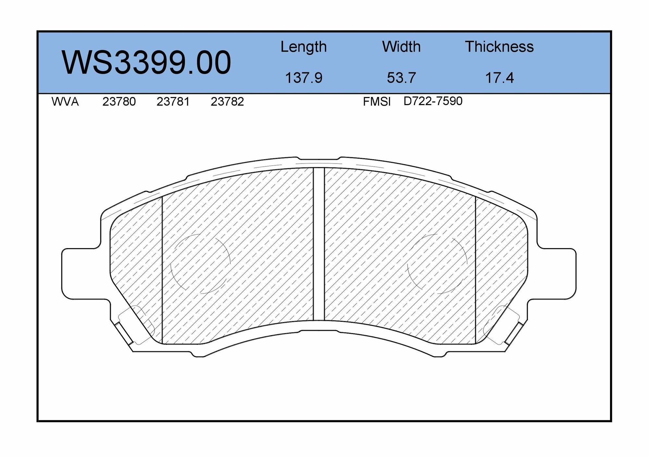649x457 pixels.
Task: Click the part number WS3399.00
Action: click(146, 63)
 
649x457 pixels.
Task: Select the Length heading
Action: click(303, 47)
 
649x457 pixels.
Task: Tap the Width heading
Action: click(401, 47)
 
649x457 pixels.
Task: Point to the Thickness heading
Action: click(499, 47)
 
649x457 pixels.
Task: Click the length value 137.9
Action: click(303, 78)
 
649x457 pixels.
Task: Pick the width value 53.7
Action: click(401, 78)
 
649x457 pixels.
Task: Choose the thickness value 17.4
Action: click(499, 78)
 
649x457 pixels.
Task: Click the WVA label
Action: click(65, 102)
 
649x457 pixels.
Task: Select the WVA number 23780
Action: click(119, 102)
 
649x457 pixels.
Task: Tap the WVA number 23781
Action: click(173, 102)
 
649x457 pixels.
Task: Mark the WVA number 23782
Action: click(227, 102)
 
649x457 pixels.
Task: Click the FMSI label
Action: click(377, 102)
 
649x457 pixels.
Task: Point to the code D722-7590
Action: click(433, 101)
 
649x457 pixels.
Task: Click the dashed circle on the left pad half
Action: click(200, 264)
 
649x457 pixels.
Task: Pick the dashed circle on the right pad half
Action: click(437, 264)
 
